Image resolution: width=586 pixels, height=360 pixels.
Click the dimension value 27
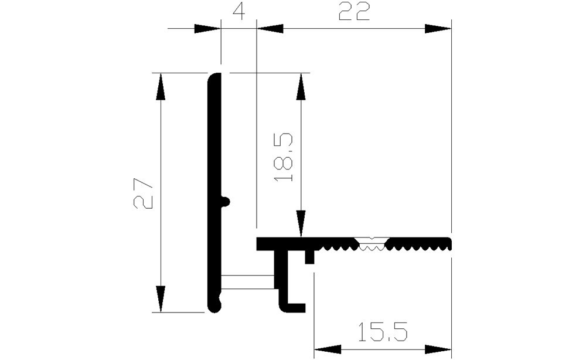pos(144,193)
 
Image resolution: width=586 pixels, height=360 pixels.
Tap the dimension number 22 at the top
pos(355,12)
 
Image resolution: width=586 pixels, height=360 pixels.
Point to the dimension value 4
pos(239,11)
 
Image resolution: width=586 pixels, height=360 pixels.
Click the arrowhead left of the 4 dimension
pos(207,28)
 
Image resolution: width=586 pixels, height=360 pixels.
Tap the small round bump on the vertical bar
pos(226,201)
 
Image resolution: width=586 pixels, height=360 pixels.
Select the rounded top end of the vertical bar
pos(214,77)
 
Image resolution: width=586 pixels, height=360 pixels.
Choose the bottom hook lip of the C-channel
pos(295,307)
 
